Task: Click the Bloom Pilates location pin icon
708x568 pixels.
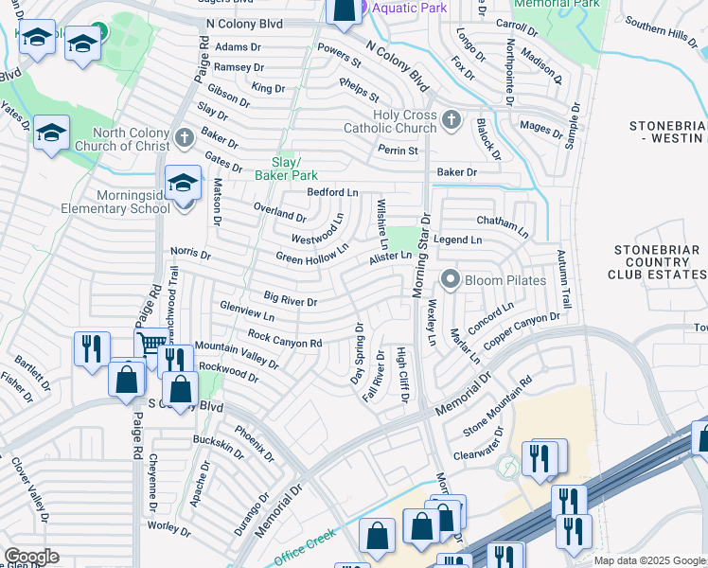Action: pos(451,280)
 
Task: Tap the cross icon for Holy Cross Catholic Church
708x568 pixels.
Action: pos(452,120)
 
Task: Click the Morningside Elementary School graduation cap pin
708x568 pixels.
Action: pos(183,182)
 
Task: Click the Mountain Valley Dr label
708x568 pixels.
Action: pos(237,355)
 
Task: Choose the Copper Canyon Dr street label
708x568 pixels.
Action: pos(522,330)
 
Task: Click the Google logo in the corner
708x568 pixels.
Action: pos(31,556)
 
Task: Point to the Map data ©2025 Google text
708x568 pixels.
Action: pos(649,560)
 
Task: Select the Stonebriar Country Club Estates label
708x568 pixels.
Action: pos(659,262)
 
